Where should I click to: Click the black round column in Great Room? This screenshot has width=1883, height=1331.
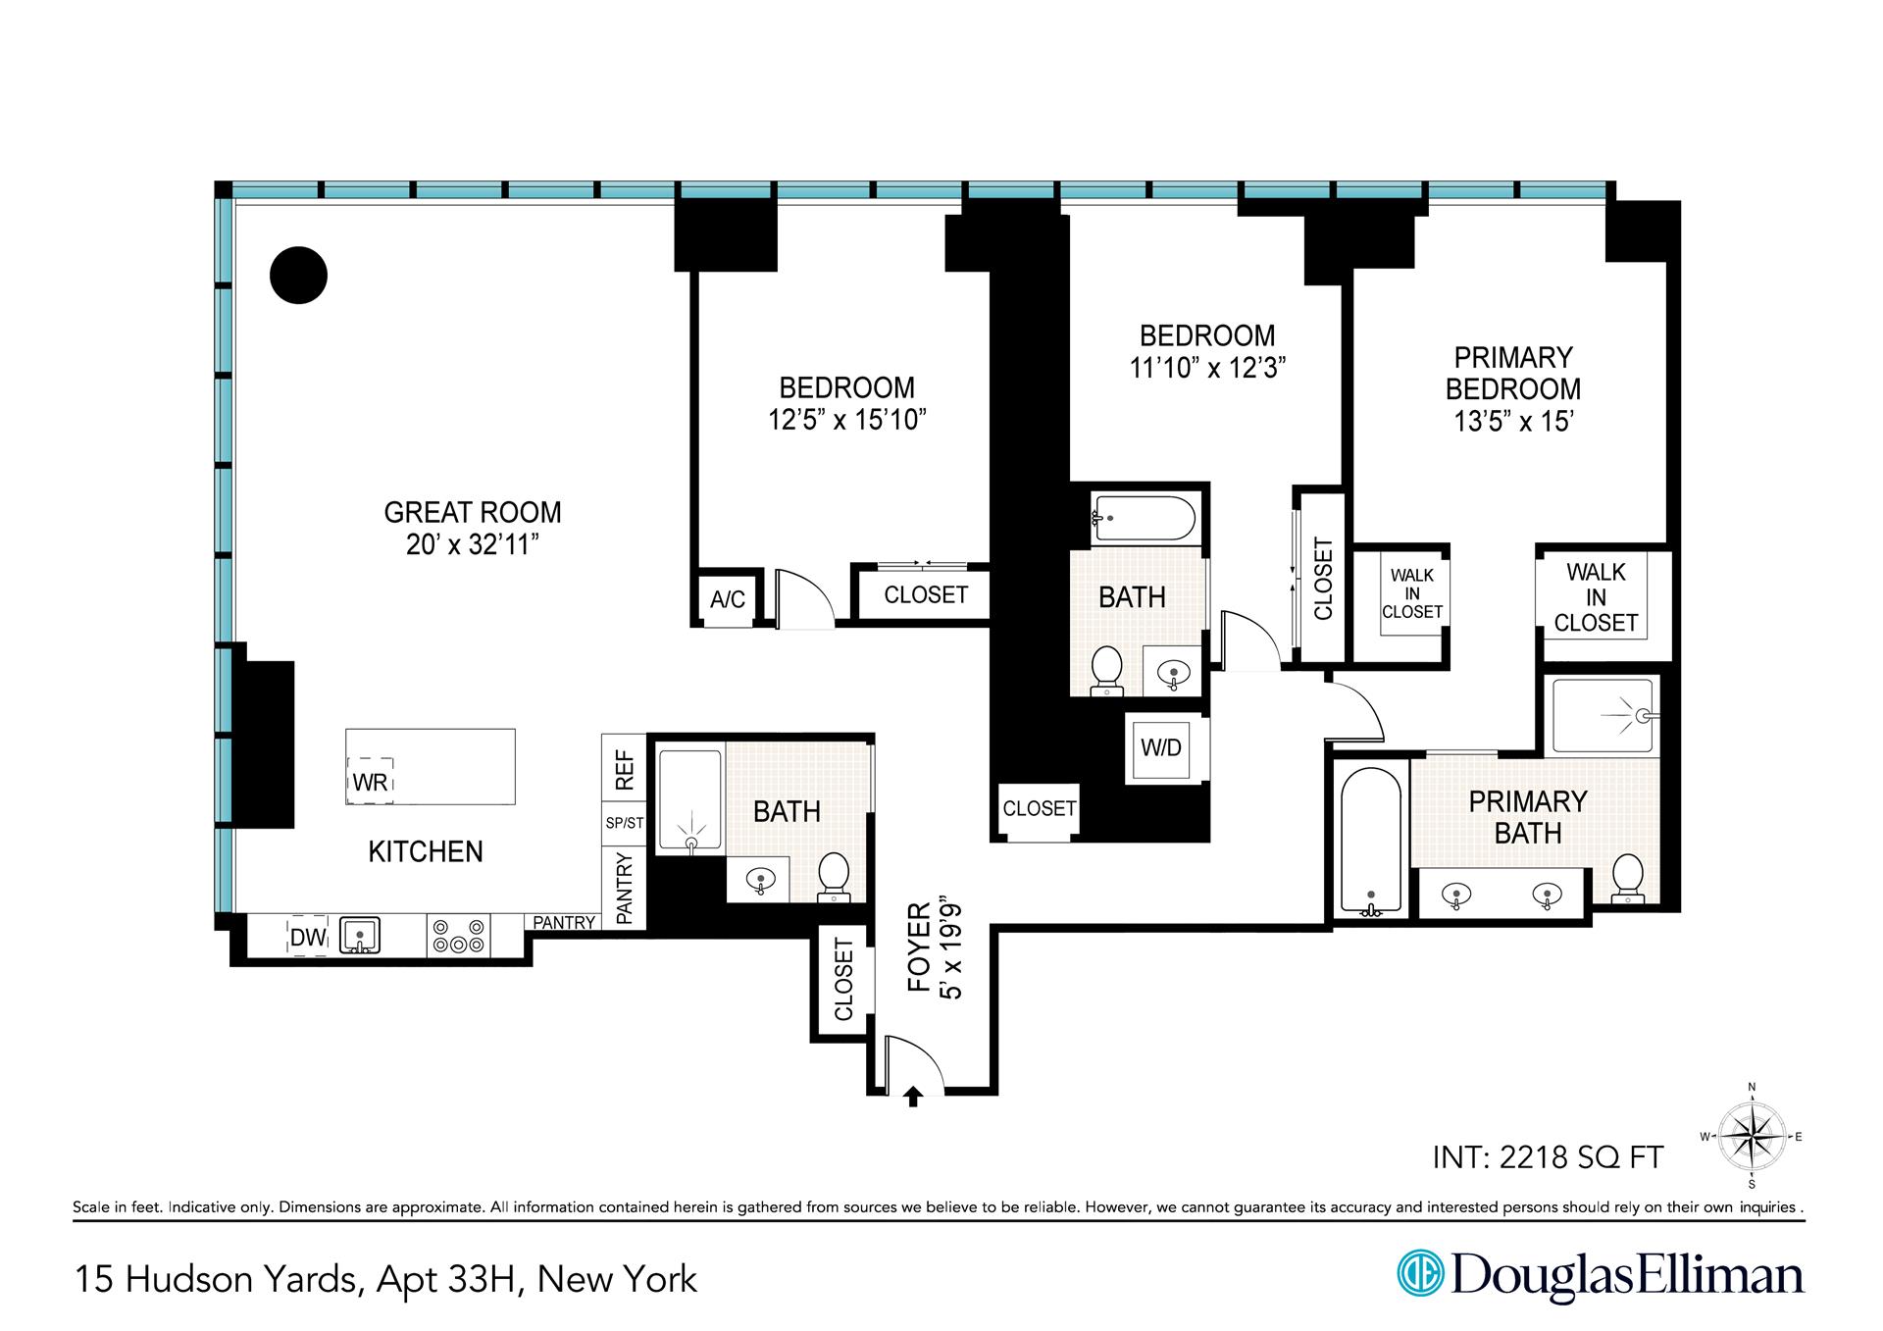tap(298, 275)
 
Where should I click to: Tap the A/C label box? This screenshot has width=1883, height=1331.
tap(728, 599)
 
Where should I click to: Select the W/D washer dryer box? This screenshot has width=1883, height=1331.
tap(1161, 747)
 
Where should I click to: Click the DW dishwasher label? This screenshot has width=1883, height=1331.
tap(307, 937)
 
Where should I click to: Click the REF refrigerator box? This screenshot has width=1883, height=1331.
tap(624, 769)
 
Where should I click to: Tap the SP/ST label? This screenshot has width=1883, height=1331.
tap(624, 823)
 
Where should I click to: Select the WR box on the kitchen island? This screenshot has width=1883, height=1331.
tap(371, 781)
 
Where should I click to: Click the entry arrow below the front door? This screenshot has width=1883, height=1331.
tap(913, 1096)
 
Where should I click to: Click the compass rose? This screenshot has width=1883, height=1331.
tap(1752, 1137)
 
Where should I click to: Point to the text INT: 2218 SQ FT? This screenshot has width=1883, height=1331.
tap(1548, 1157)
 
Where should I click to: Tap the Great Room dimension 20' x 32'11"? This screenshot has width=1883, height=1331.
tap(473, 544)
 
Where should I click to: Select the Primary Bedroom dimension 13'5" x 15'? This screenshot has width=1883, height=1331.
tap(1513, 422)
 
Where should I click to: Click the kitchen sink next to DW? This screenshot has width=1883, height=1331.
tap(360, 936)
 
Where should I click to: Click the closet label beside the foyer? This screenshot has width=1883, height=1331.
tap(843, 979)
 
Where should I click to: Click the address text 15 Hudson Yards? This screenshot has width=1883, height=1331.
tap(216, 1279)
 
